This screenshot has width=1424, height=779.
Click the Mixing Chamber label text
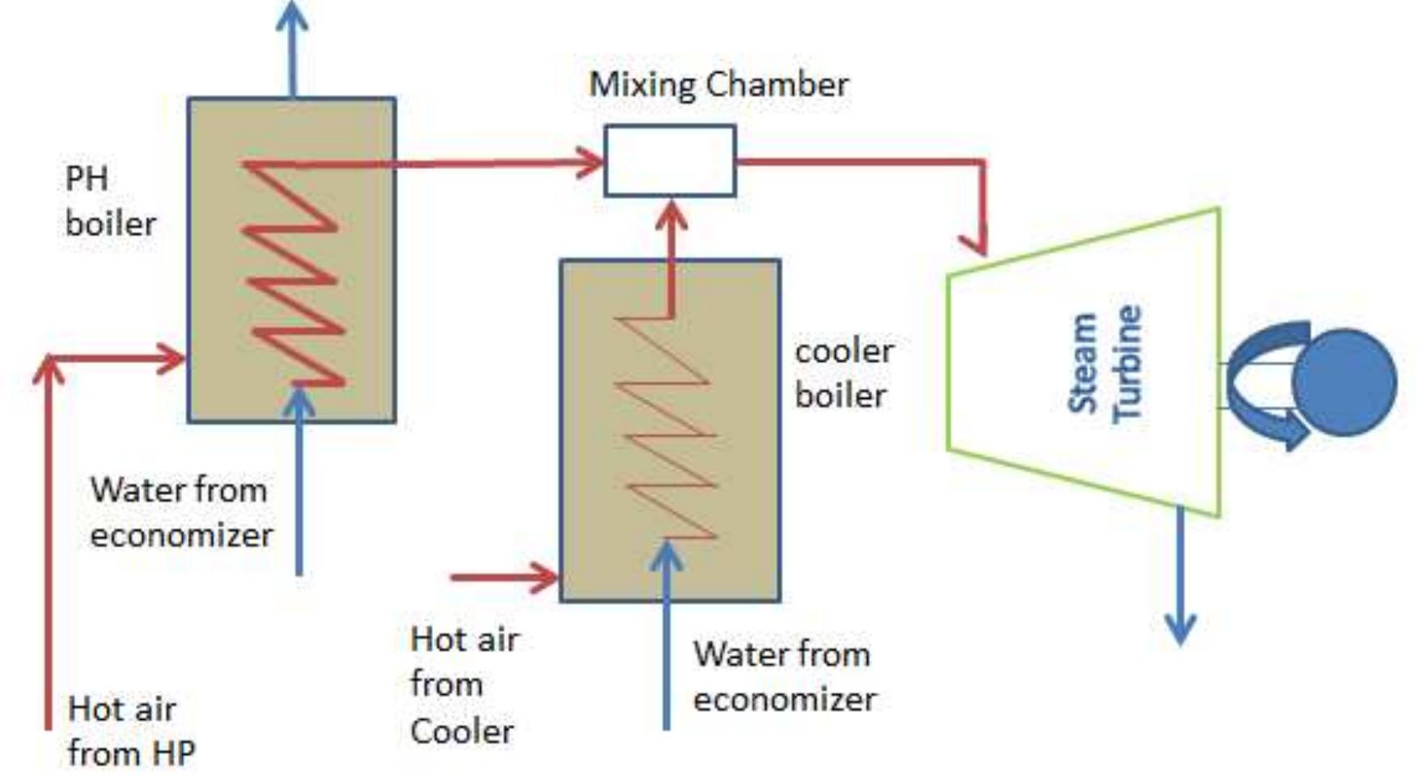point(718,85)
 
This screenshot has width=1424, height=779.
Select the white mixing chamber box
point(670,160)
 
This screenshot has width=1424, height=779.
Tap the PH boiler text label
point(110,201)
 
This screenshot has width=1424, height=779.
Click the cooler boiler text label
point(843,373)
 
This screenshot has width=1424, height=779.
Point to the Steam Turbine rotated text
point(1104,364)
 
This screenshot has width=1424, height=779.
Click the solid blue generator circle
point(1344,382)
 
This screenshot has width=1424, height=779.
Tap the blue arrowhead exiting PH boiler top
point(292,16)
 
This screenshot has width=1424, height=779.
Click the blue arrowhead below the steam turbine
point(1180,629)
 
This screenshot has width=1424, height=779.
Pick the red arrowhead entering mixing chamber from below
point(671,215)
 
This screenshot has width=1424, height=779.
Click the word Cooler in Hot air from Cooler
point(461,731)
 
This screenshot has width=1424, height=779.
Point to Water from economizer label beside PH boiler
point(180,512)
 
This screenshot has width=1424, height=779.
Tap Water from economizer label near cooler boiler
point(783,676)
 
